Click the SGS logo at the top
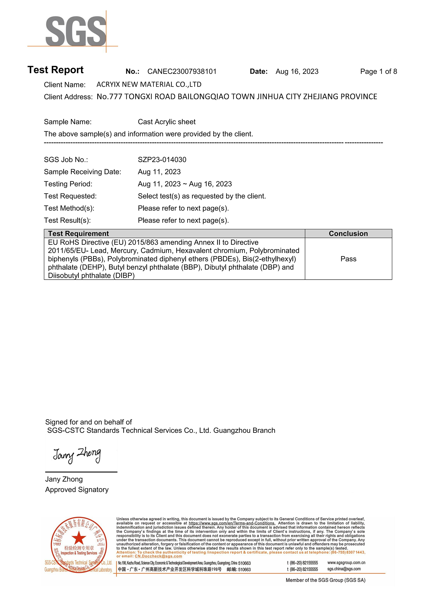(76, 31)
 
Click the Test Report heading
(56, 70)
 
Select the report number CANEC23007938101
(182, 72)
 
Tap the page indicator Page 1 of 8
(378, 72)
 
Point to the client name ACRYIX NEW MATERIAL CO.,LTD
(149, 84)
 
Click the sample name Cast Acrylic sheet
(167, 122)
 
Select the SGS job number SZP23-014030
(162, 160)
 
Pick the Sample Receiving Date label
(82, 172)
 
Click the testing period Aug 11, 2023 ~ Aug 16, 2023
(185, 184)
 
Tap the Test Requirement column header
(78, 234)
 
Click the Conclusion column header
(348, 234)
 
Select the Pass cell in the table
(348, 259)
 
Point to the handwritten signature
(77, 455)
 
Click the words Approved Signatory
(77, 489)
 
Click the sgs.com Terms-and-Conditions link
(232, 523)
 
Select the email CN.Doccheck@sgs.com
(158, 556)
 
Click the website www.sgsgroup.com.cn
(346, 563)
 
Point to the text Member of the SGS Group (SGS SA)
(325, 580)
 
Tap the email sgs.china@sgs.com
(344, 569)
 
